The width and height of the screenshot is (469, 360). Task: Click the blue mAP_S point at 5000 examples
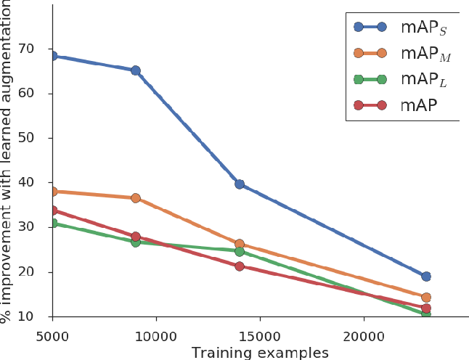52,56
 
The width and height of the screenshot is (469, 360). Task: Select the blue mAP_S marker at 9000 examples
135,70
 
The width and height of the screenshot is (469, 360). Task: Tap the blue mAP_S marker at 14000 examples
239,184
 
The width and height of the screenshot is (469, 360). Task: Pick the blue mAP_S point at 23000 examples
426,277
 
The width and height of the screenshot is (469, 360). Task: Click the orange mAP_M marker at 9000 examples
135,198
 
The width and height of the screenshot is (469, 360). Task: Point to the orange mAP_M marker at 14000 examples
239,245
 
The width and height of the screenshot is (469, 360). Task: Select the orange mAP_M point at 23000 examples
426,298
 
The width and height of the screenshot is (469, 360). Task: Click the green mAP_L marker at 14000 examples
239,251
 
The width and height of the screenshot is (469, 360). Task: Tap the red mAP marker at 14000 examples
239,266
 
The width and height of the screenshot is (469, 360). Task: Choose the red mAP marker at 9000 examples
135,237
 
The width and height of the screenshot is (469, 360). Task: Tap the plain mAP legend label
418,106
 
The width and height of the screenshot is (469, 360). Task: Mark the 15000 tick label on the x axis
259,336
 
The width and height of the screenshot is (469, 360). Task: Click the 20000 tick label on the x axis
363,336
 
